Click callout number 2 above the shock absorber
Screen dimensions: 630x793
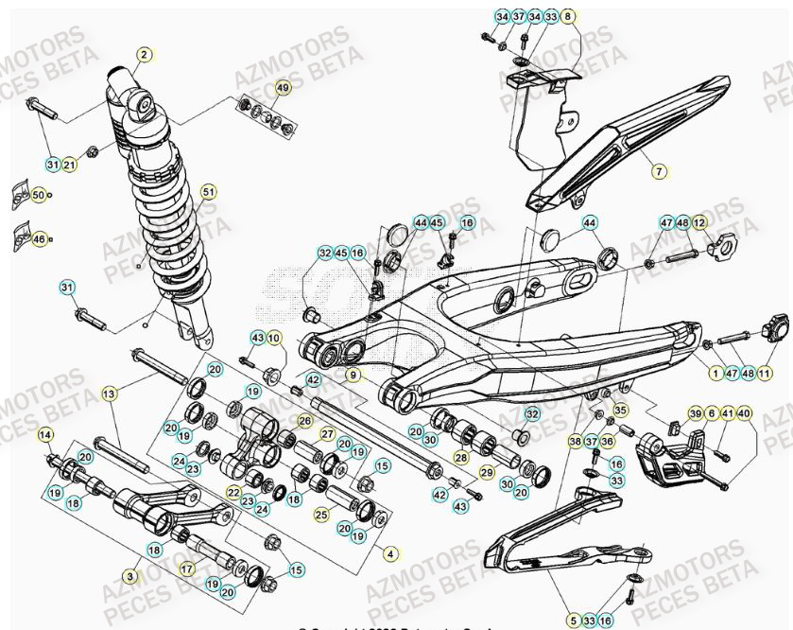(x=144, y=55)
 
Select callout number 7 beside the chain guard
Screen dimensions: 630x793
(x=660, y=171)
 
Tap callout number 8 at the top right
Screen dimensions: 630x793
(x=568, y=17)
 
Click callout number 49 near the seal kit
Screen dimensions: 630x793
(x=283, y=87)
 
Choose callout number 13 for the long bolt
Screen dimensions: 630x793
(x=109, y=393)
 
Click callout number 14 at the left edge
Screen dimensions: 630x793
(x=43, y=435)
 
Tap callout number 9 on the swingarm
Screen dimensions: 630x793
(x=353, y=376)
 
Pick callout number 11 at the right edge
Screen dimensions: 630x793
(x=764, y=374)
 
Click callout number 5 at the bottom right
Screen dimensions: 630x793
(x=573, y=621)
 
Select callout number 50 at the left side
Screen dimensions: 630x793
(x=38, y=195)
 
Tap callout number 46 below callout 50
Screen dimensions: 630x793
(x=39, y=239)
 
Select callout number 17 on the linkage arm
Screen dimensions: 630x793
(x=186, y=569)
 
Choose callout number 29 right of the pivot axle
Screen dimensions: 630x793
(x=487, y=471)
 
